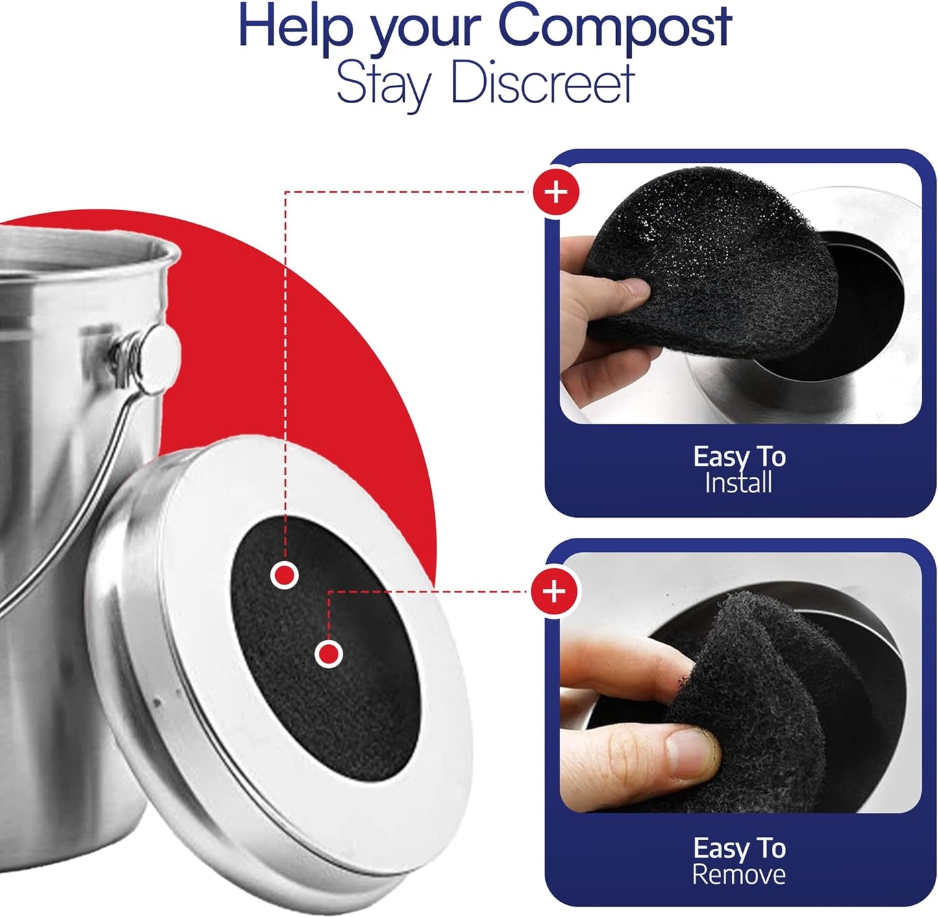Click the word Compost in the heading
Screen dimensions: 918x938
[614, 27]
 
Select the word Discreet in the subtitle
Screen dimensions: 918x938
[542, 83]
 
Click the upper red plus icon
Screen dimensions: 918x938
[556, 192]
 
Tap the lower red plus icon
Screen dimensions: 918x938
[554, 592]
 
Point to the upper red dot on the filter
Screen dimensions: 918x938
[284, 575]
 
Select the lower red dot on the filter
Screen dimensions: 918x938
[328, 654]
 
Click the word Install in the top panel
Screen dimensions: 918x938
[738, 483]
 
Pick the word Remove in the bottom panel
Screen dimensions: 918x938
[738, 875]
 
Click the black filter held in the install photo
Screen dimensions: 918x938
[708, 272]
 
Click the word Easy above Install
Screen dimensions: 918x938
[716, 457]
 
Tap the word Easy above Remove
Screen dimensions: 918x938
[716, 848]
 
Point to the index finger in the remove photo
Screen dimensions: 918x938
[623, 668]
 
